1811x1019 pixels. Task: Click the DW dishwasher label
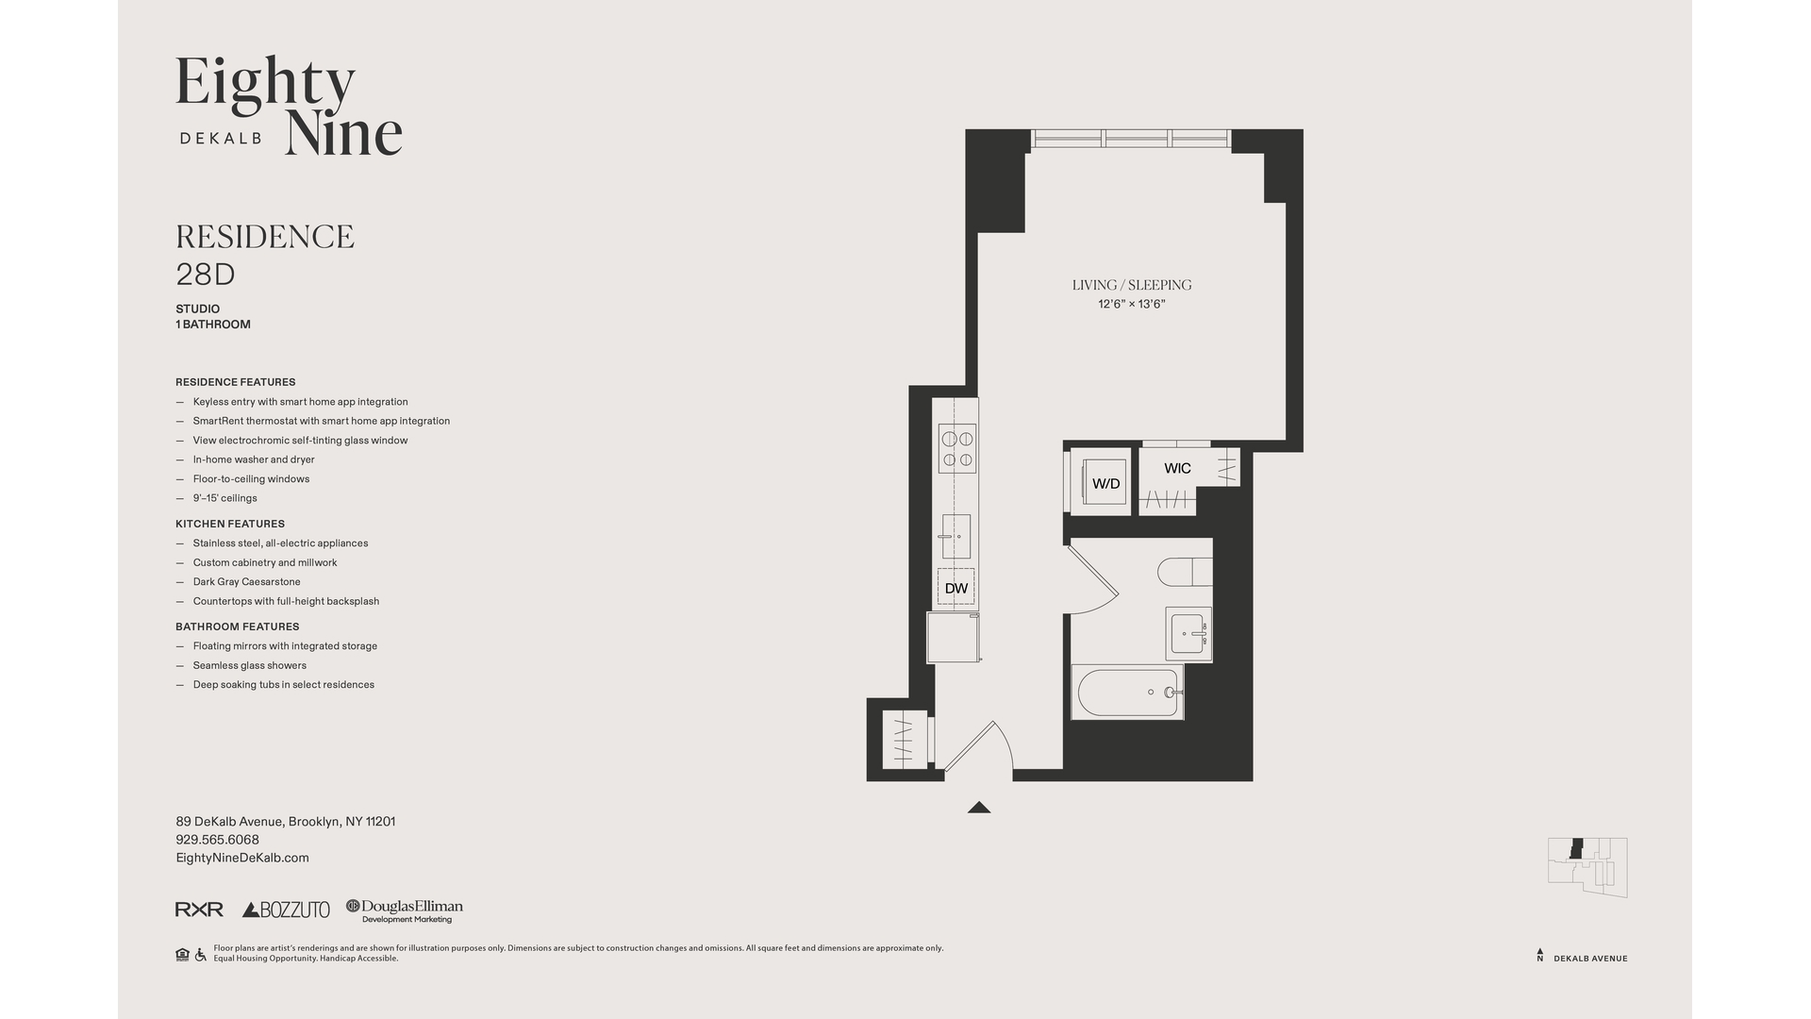point(955,588)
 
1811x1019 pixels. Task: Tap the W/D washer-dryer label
point(1105,484)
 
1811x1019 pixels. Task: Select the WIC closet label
point(1177,468)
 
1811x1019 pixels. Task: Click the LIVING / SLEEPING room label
point(1131,285)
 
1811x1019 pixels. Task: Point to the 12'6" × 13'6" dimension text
point(1131,304)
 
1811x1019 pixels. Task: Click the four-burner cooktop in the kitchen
point(956,449)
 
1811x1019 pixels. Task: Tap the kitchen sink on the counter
point(955,537)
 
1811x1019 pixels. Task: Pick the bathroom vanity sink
point(1188,634)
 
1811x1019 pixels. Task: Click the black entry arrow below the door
point(978,807)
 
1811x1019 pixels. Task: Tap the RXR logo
point(199,910)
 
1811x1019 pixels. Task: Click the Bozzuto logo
point(286,910)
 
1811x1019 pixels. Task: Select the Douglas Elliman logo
point(405,910)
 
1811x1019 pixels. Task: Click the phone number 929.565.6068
point(217,840)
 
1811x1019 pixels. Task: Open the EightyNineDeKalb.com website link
point(242,858)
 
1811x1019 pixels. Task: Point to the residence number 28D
point(205,275)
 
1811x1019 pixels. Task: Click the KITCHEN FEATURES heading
point(230,524)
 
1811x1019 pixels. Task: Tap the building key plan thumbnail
point(1587,866)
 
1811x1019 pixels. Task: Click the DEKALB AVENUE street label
point(1590,959)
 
